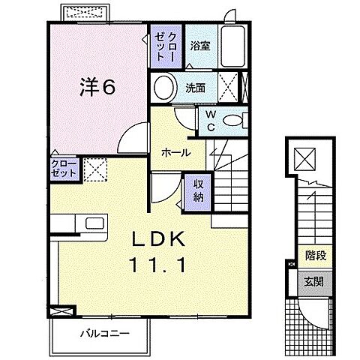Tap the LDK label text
pyautogui.click(x=158, y=239)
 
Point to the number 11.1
pyautogui.click(x=158, y=265)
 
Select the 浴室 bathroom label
pyautogui.click(x=200, y=46)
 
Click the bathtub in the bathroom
pyautogui.click(x=233, y=46)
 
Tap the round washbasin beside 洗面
pyautogui.click(x=164, y=88)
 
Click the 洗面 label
pyautogui.click(x=195, y=88)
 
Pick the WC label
pyautogui.click(x=211, y=121)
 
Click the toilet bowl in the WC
pyautogui.click(x=232, y=121)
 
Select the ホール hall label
pyautogui.click(x=176, y=152)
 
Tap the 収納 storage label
pyautogui.click(x=199, y=191)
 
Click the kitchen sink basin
pyautogui.click(x=95, y=223)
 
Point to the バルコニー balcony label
pyautogui.click(x=105, y=333)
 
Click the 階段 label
pyautogui.click(x=316, y=256)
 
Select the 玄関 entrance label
pyautogui.click(x=314, y=282)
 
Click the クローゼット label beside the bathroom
pyautogui.click(x=166, y=46)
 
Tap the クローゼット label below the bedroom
pyautogui.click(x=64, y=169)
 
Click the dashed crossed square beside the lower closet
pyautogui.click(x=95, y=169)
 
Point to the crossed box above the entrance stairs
pyautogui.click(x=304, y=159)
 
